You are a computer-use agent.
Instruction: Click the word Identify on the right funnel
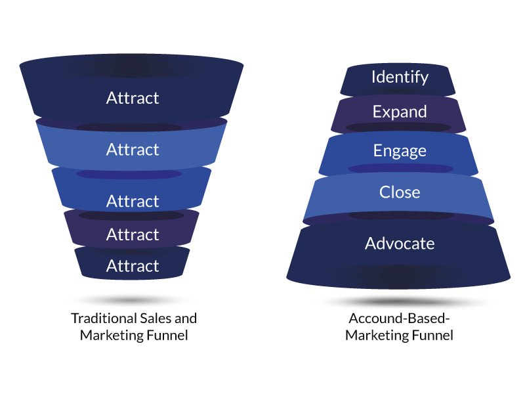coord(400,77)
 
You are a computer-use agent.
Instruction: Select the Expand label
coord(400,112)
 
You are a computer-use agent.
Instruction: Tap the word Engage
coord(400,151)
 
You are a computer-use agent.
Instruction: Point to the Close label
coord(400,192)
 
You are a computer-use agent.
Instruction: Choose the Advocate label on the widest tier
coord(400,244)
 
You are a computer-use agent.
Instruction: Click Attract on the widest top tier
coord(133,98)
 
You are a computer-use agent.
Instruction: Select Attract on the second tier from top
coord(133,150)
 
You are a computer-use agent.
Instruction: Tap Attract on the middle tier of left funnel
coord(133,201)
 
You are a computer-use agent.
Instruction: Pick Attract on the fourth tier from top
coord(133,234)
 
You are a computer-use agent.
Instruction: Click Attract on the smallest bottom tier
coord(133,266)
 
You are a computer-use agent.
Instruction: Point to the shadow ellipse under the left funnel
coord(131,300)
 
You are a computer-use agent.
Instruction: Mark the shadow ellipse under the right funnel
coord(404,302)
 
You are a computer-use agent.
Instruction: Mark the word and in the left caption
coord(186,318)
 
